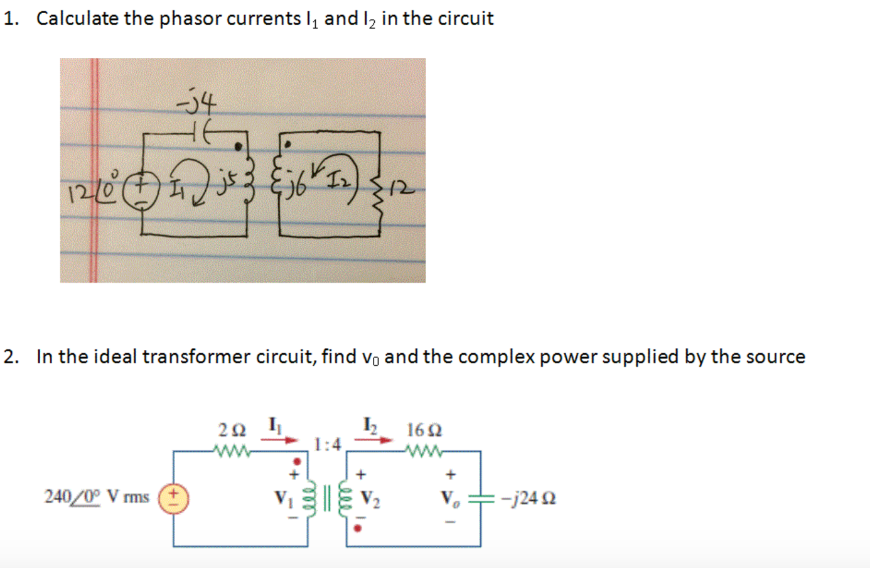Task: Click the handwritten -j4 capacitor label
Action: [x=196, y=101]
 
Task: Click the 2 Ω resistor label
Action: [x=232, y=430]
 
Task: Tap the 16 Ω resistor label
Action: [x=424, y=430]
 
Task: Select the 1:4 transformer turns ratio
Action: [x=328, y=445]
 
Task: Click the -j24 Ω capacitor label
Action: [x=533, y=498]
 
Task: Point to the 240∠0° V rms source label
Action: [x=97, y=497]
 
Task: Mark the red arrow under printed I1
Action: [x=279, y=440]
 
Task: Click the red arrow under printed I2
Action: [x=373, y=440]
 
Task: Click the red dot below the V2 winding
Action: [x=357, y=528]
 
